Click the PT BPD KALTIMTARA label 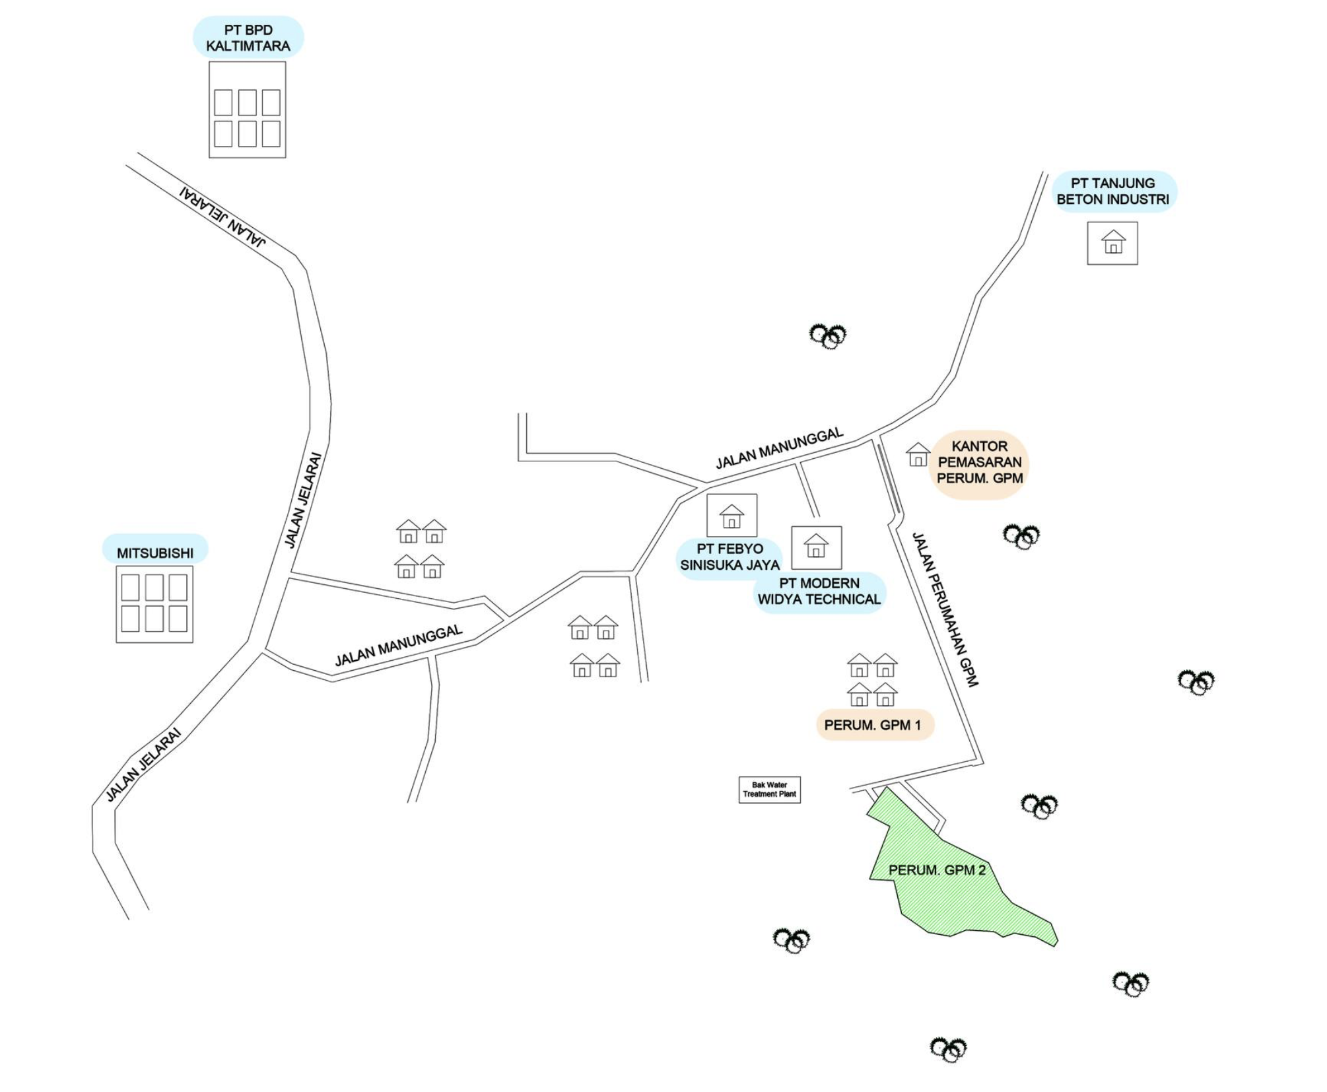click(248, 38)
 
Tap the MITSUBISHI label click(155, 553)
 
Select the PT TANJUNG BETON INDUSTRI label click(1113, 191)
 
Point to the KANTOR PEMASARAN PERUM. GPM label click(980, 462)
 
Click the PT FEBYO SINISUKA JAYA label click(730, 557)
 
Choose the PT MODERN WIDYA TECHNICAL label click(819, 592)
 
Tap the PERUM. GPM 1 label click(873, 725)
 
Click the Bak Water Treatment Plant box click(769, 790)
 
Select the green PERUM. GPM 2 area click(951, 878)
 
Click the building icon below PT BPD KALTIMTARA click(248, 110)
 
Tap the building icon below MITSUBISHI click(154, 603)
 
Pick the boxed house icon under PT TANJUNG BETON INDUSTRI click(1112, 243)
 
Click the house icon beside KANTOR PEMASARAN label click(918, 455)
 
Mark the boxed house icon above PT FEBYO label click(732, 516)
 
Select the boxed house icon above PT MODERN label click(816, 547)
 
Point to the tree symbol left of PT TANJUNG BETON click(828, 335)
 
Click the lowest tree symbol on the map click(948, 1049)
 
